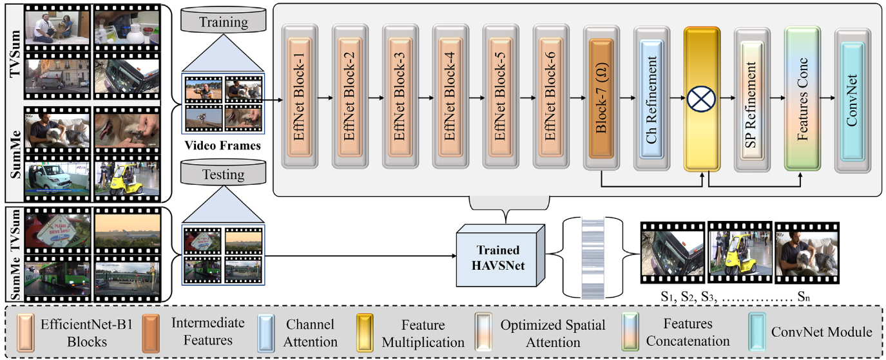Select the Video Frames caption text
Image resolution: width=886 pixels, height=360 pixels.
coord(222,146)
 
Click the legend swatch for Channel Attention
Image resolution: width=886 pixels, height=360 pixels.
coord(266,334)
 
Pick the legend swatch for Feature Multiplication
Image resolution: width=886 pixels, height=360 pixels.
coord(365,334)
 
